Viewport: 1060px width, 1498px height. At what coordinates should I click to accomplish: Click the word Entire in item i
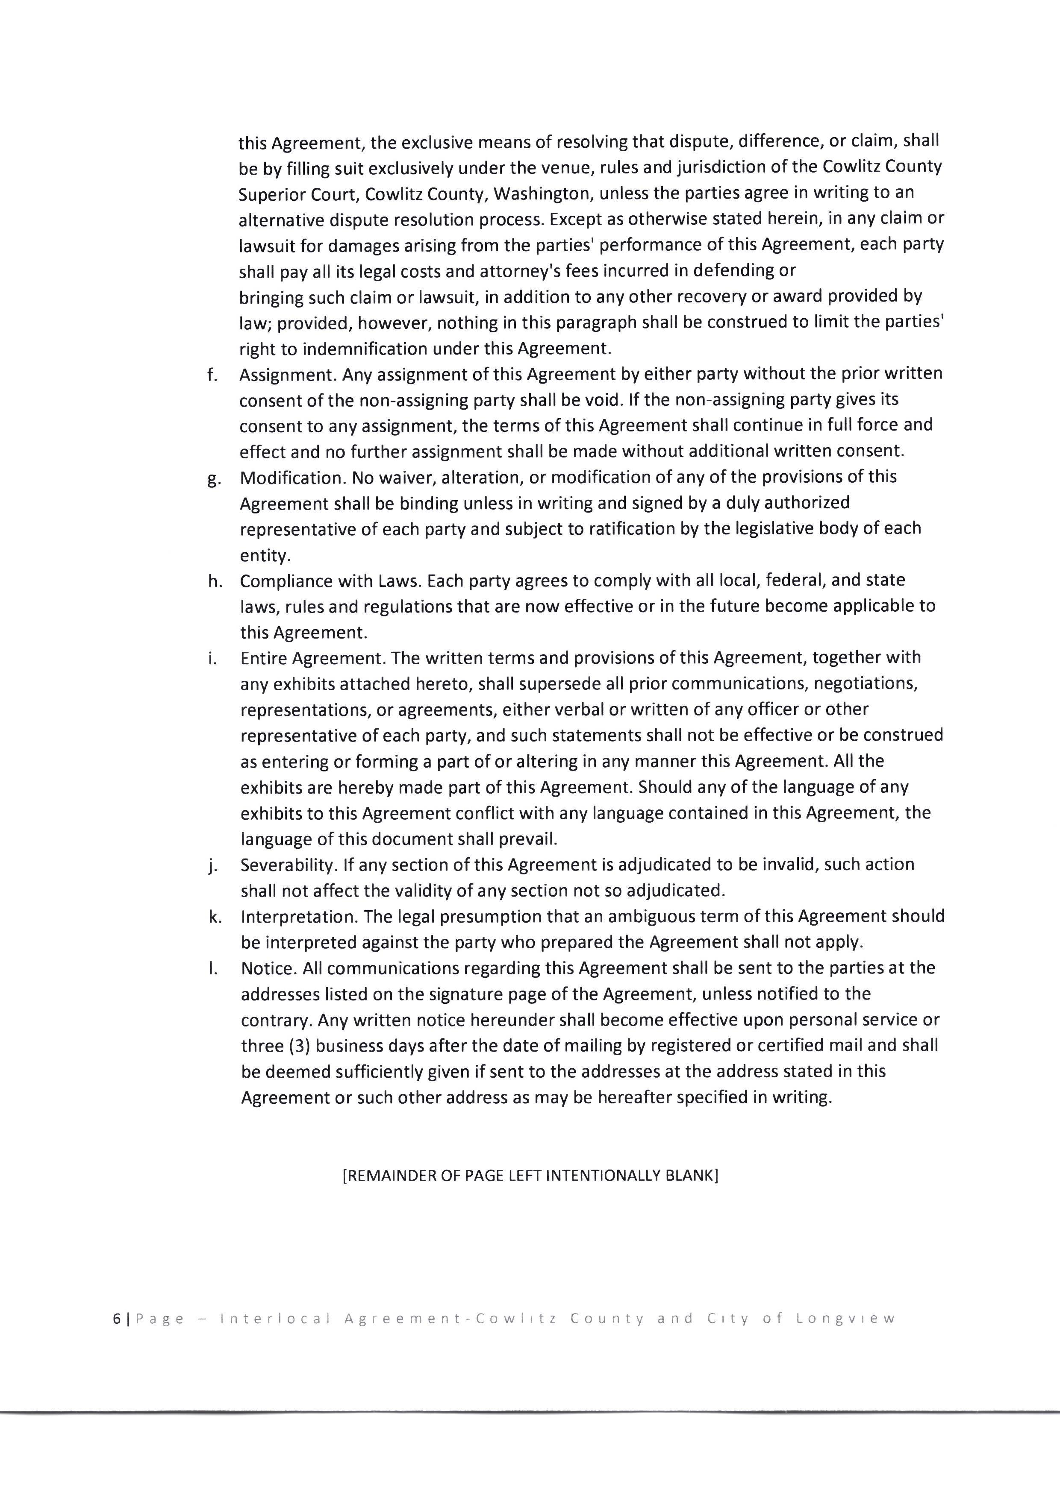[x=263, y=658]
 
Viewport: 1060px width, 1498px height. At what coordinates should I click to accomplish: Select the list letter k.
[x=213, y=917]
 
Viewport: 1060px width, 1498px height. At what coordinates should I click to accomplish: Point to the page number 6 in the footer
[x=116, y=1319]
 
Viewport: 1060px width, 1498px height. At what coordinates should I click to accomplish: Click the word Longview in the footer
[x=845, y=1319]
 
